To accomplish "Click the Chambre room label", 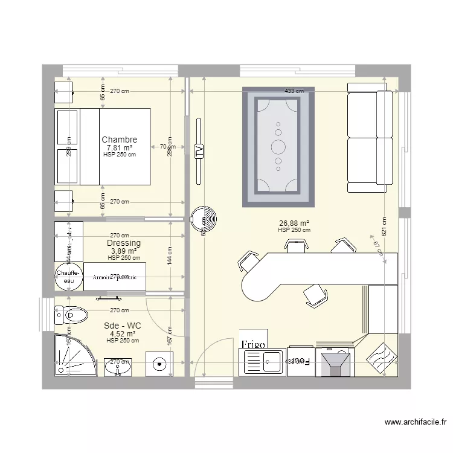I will point(119,140).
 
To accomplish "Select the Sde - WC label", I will point(122,326).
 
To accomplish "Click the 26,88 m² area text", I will point(294,222).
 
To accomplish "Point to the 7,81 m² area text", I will point(119,147).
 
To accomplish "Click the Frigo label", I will point(254,344).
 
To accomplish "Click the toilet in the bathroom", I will point(74,314).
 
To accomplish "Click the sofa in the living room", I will point(367,138).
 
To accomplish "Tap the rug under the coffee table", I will point(278,147).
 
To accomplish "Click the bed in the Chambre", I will point(115,146).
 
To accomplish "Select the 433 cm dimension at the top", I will point(294,91).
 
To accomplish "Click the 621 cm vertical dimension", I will point(384,226).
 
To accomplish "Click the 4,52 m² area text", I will point(122,333).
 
